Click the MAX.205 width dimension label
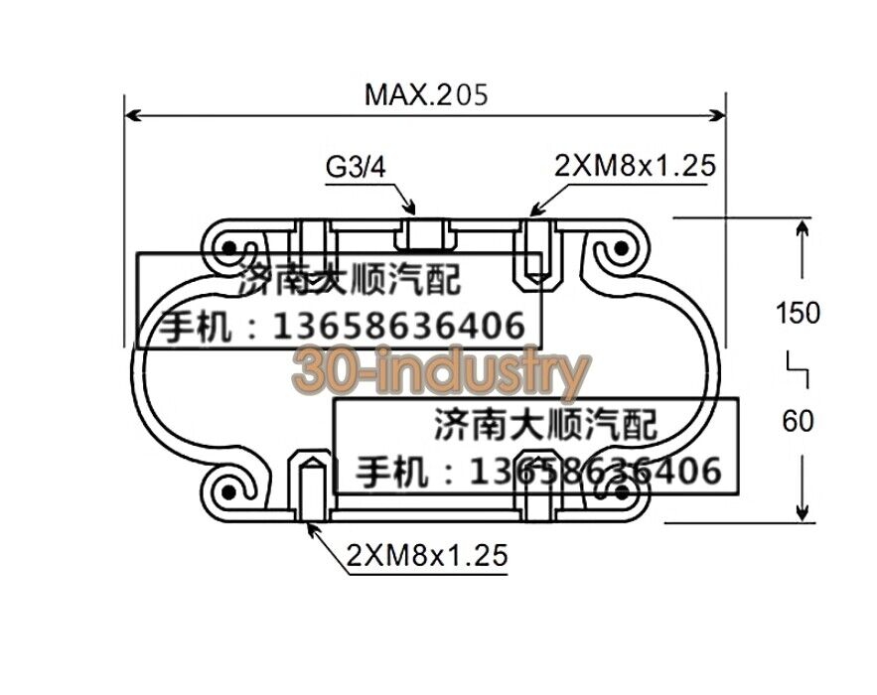[x=427, y=95]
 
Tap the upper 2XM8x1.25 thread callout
[x=634, y=166]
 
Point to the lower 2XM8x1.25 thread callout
[x=427, y=556]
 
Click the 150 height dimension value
[x=798, y=313]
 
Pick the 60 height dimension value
[x=798, y=422]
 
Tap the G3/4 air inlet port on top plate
[x=429, y=234]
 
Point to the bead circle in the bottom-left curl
[x=229, y=489]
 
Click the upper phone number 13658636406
[x=397, y=326]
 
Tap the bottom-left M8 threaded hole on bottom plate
[x=312, y=485]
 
